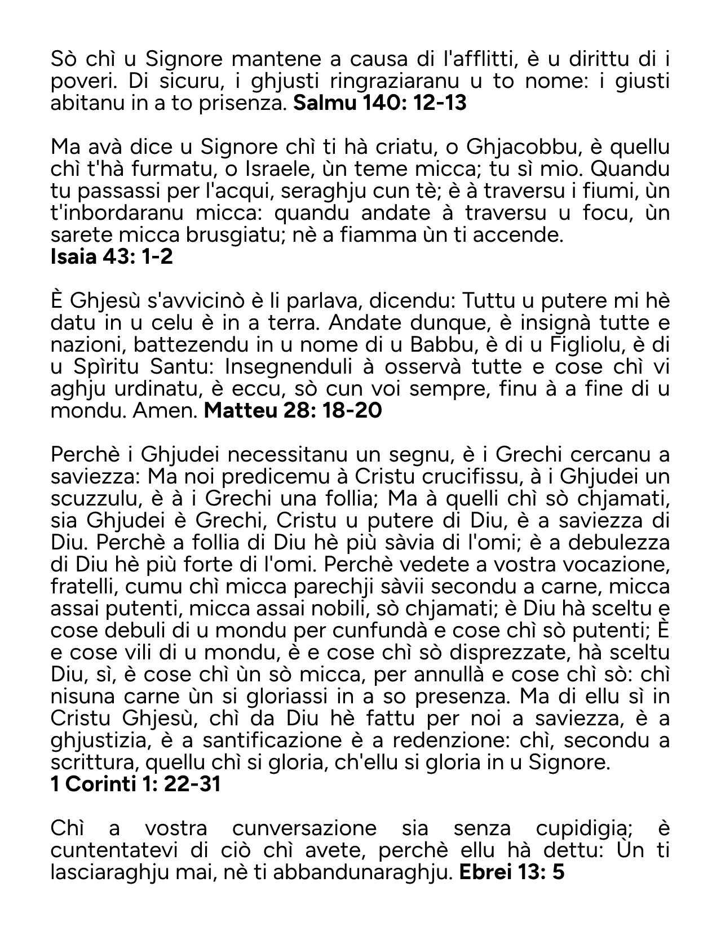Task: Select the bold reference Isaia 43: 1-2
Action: click(112, 256)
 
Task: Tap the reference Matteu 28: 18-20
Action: click(293, 410)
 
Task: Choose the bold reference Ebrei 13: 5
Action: click(512, 872)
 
